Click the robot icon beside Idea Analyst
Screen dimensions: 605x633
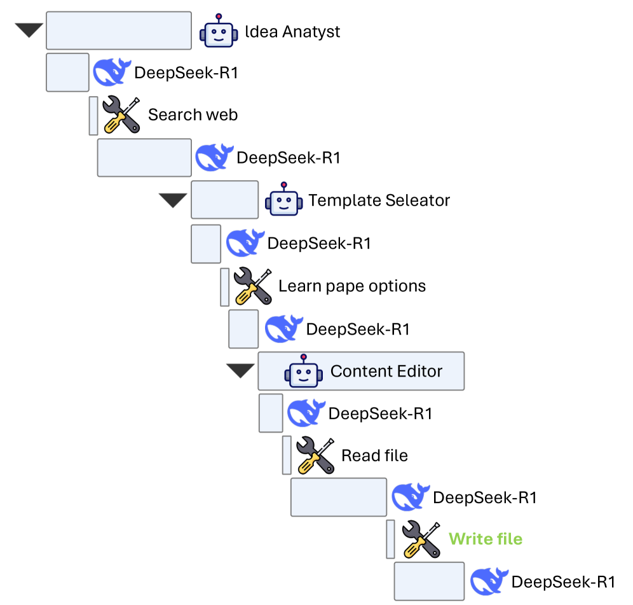pyautogui.click(x=219, y=31)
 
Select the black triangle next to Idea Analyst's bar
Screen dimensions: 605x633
pyautogui.click(x=28, y=30)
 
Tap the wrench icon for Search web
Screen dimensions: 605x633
pyautogui.click(x=121, y=115)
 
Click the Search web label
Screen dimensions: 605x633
pyautogui.click(x=193, y=115)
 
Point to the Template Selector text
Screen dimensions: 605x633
pyautogui.click(x=379, y=200)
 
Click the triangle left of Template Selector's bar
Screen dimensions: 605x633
pyautogui.click(x=173, y=200)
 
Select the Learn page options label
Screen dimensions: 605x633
pyautogui.click(x=352, y=286)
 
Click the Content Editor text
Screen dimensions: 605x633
pyautogui.click(x=386, y=371)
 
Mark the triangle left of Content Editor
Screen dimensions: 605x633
pyautogui.click(x=241, y=370)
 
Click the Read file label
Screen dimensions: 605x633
pyautogui.click(x=374, y=455)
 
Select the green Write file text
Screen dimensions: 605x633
pyautogui.click(x=486, y=539)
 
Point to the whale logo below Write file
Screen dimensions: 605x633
pyautogui.click(x=489, y=581)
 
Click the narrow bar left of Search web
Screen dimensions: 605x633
pyautogui.click(x=93, y=115)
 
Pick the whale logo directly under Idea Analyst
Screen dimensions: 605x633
pyautogui.click(x=112, y=73)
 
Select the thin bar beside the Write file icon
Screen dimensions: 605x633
pyautogui.click(x=390, y=539)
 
